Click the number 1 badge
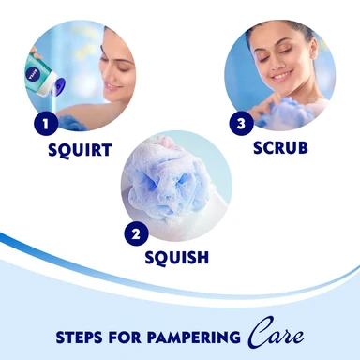46,123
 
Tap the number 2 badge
136,233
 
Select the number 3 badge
241,124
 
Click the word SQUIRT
80,150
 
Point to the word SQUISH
177,258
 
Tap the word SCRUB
280,147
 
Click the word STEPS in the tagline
79,337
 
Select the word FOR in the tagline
125,337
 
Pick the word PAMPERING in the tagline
194,337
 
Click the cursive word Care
276,334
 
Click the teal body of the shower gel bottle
38,74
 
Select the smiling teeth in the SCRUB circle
281,76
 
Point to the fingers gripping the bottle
35,53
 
